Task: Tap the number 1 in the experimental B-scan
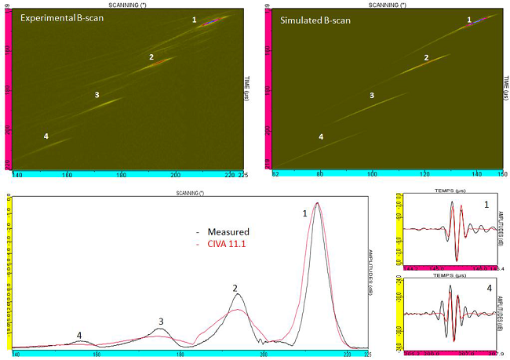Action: (195, 19)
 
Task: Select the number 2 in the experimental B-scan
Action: (151, 56)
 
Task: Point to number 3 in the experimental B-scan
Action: (97, 95)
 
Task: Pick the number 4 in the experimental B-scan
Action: (46, 136)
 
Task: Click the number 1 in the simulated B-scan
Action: (469, 20)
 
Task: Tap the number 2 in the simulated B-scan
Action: (426, 57)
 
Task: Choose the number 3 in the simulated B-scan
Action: (372, 95)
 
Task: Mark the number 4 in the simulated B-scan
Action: (321, 136)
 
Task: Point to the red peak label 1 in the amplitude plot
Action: (304, 212)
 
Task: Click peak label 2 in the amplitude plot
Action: (235, 288)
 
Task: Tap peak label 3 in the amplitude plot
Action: (161, 321)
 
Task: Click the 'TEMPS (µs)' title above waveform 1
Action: (450, 191)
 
